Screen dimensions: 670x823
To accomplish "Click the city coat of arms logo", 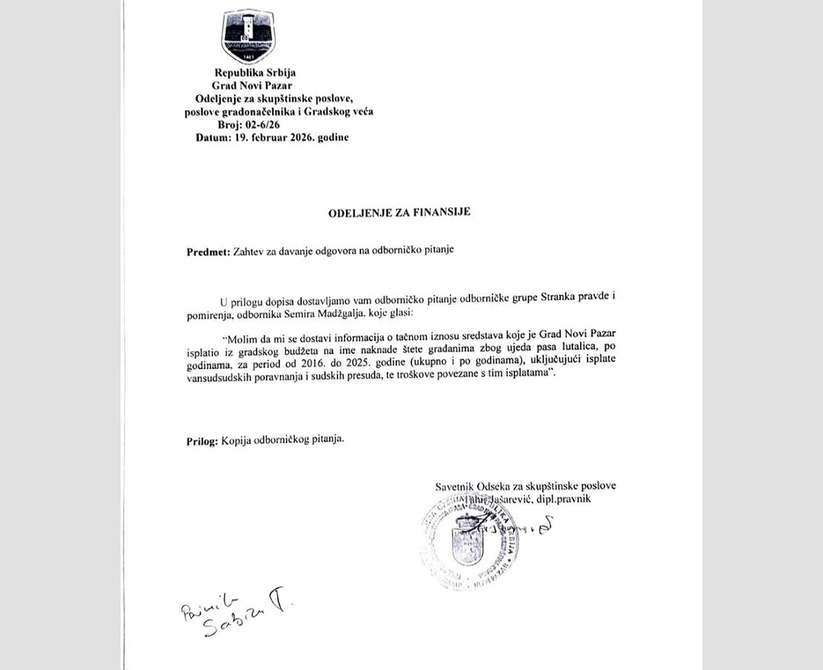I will (x=248, y=36).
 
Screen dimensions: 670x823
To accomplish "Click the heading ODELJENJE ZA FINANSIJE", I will (x=399, y=213).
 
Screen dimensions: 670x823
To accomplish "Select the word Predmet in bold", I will (x=207, y=252).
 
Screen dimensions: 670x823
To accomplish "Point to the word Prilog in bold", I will (x=202, y=441).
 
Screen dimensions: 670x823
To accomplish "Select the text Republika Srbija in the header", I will (x=250, y=73).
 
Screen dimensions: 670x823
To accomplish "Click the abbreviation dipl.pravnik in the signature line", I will (x=564, y=498).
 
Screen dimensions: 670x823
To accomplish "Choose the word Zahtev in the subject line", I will (x=251, y=252).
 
